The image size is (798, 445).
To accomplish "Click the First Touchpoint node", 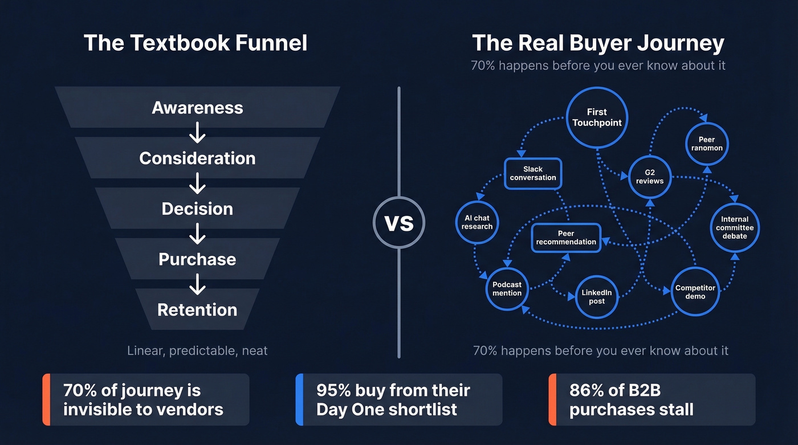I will pyautogui.click(x=597, y=117).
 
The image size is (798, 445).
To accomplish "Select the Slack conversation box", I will pyautogui.click(x=533, y=173).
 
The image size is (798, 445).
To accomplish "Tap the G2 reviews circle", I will pyautogui.click(x=650, y=177).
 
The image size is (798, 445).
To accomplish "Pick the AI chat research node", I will pyautogui.click(x=477, y=222).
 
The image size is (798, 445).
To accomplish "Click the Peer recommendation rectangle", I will pyautogui.click(x=566, y=238).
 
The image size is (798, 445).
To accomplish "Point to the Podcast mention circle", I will pyautogui.click(x=507, y=289).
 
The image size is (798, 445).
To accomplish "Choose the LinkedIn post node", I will pyautogui.click(x=597, y=297).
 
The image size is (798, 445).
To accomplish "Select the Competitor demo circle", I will pyautogui.click(x=695, y=292).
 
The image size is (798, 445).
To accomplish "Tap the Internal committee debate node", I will pyautogui.click(x=735, y=227).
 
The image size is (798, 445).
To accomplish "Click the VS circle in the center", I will pyautogui.click(x=399, y=223).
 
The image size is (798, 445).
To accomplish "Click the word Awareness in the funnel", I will pyautogui.click(x=197, y=108).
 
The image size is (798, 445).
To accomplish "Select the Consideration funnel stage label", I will pyautogui.click(x=197, y=158).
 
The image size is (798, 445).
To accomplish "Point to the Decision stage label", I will pyautogui.click(x=197, y=209).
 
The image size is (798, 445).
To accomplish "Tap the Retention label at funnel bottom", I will pyautogui.click(x=197, y=309).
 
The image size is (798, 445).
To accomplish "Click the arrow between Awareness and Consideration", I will pyautogui.click(x=197, y=133).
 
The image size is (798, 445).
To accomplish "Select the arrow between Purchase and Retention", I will pyautogui.click(x=197, y=284).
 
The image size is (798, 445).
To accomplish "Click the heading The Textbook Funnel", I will pyautogui.click(x=196, y=43).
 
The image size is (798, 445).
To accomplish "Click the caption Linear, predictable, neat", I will pyautogui.click(x=197, y=350).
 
